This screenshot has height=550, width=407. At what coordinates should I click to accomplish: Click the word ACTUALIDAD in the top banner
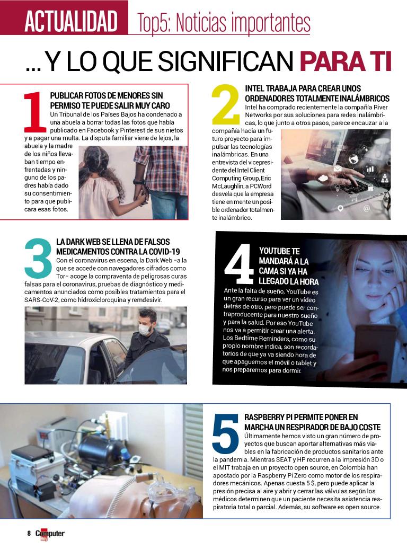tap(71, 21)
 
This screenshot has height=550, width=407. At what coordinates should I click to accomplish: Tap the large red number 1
tap(35, 112)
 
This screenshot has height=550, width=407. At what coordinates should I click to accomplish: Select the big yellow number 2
tap(226, 104)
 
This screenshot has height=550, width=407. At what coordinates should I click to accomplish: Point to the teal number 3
tap(38, 258)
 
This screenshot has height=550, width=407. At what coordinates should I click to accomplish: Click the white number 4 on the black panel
tap(239, 263)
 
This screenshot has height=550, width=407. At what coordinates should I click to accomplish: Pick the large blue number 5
tap(226, 434)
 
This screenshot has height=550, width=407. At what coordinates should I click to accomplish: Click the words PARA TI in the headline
tap(346, 61)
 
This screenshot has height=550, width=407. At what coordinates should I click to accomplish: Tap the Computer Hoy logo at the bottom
tap(50, 534)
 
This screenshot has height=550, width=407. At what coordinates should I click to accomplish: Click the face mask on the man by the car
tap(145, 330)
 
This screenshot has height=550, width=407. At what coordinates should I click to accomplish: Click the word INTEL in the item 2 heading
tap(254, 88)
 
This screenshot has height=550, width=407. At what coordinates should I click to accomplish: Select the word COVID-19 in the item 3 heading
tap(164, 252)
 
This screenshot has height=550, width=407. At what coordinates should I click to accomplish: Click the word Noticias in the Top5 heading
tap(199, 22)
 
